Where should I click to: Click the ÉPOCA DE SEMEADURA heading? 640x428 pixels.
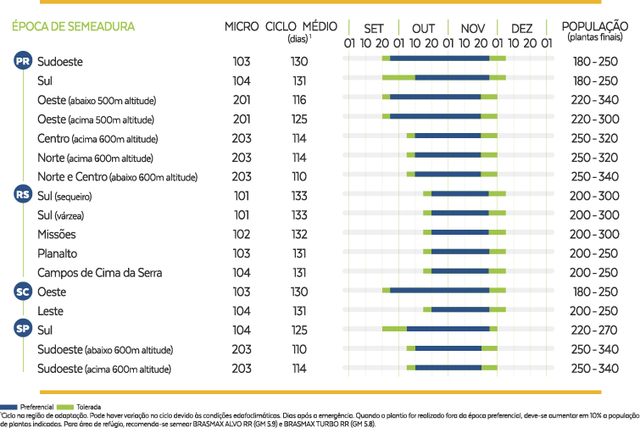click(x=73, y=26)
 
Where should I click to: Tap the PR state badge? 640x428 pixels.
click(x=23, y=61)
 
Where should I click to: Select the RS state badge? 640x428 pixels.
click(x=23, y=195)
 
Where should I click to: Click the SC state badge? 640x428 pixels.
click(x=23, y=292)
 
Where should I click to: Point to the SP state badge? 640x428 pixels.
click(x=23, y=330)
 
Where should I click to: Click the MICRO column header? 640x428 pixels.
click(x=242, y=26)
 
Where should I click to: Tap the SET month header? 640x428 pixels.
click(x=373, y=29)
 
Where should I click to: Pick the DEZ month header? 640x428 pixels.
click(x=522, y=29)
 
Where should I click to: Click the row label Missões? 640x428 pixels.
click(x=57, y=234)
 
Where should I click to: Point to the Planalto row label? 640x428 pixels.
click(x=58, y=253)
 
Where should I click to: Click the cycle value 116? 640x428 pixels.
click(x=299, y=100)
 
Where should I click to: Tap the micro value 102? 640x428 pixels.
click(x=242, y=234)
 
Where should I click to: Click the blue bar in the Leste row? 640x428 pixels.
click(x=460, y=310)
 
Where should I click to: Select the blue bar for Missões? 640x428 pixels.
click(x=460, y=232)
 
